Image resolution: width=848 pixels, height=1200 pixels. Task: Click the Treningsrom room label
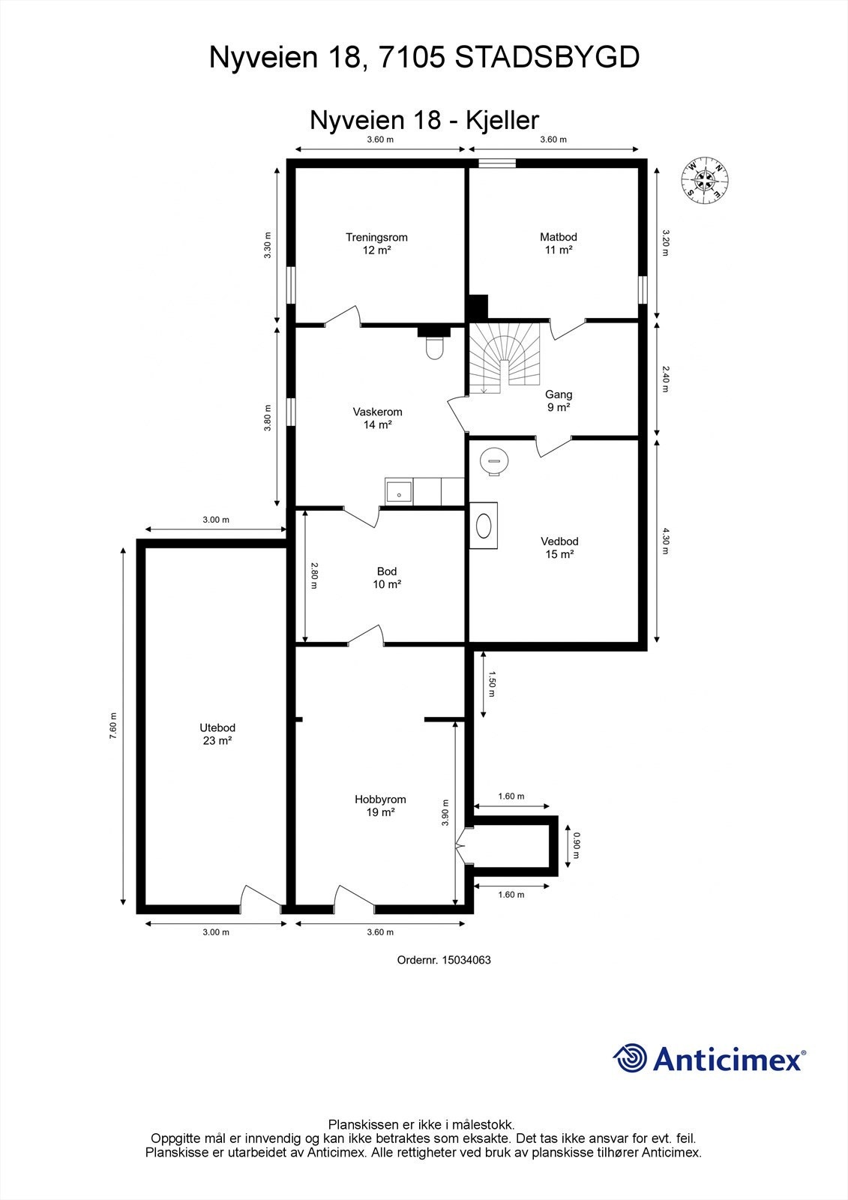[x=376, y=244]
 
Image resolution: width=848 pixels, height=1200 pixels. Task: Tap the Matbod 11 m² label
[x=559, y=244]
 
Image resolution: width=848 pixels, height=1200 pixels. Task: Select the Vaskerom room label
[x=378, y=418]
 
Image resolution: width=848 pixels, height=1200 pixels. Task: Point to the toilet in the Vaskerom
[x=433, y=347]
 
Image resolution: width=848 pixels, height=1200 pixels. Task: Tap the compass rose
[x=705, y=179]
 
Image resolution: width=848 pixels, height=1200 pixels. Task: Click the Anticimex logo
[x=709, y=1058]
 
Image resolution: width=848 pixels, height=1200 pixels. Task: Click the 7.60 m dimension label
[x=113, y=725]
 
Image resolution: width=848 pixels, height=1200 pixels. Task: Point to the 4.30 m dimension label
[x=665, y=541]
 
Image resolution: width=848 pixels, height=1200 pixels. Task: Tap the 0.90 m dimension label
[x=577, y=845]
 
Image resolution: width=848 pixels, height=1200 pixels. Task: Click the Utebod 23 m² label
[x=217, y=734]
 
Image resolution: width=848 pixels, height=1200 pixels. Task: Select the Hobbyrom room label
[x=380, y=805]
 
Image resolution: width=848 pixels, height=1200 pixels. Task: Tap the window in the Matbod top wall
[x=496, y=161]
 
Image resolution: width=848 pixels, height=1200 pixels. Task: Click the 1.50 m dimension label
[x=493, y=683]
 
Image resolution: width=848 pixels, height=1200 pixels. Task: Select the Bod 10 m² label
[x=387, y=577]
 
